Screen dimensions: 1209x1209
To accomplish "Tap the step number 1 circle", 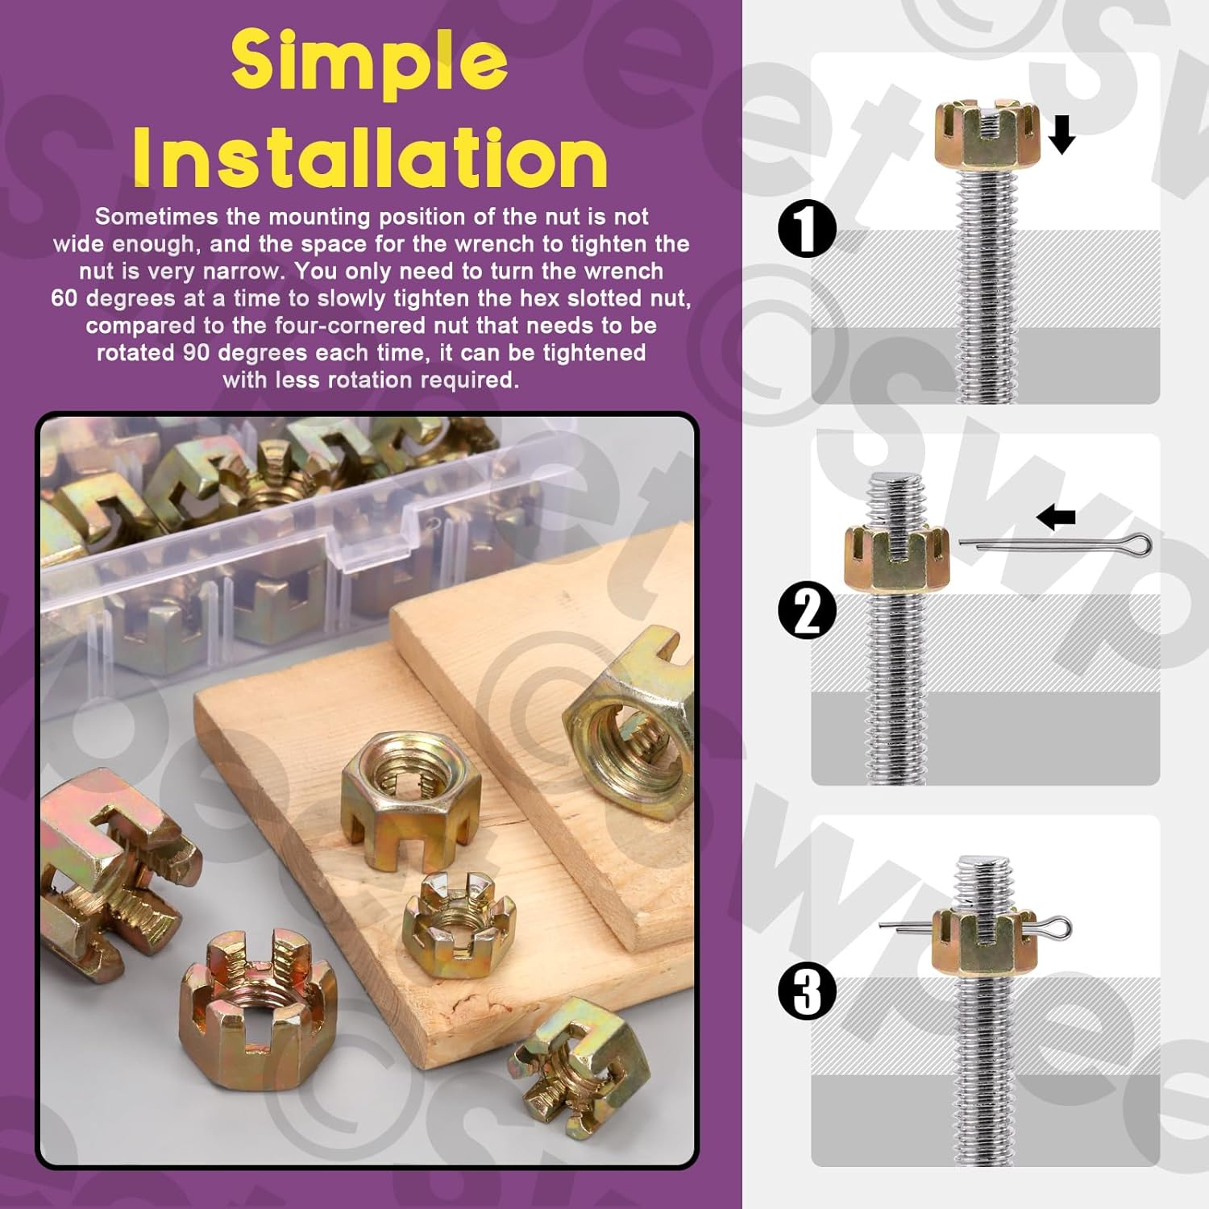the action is (x=808, y=228).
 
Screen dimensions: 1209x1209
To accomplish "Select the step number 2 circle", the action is (x=808, y=610).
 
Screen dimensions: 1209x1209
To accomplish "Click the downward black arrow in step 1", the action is (x=1062, y=134).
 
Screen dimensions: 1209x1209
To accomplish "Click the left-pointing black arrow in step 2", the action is (x=1056, y=517).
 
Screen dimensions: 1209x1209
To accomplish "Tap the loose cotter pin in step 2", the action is (x=1055, y=546).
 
